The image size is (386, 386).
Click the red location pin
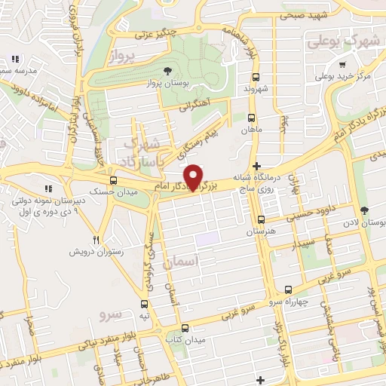[x=195, y=177]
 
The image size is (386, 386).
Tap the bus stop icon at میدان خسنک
[x=114, y=180]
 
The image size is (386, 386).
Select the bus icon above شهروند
[x=256, y=77]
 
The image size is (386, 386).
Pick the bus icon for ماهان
[x=251, y=118]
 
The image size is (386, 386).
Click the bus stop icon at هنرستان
[x=261, y=219]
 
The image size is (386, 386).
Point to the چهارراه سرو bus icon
[x=288, y=289]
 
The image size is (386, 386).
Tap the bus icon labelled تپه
[x=145, y=305]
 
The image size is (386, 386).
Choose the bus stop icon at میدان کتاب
[x=185, y=327]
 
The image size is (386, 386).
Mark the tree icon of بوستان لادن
[x=365, y=210]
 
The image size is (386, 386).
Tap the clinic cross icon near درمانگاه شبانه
[x=257, y=166]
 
